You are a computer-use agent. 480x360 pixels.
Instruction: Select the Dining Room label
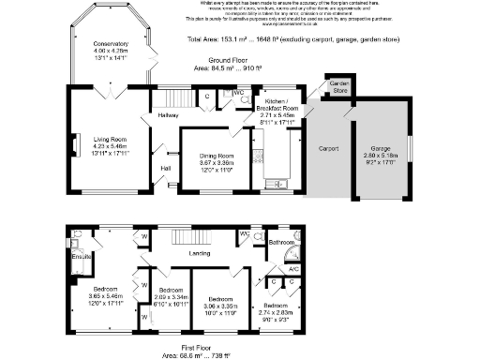(212, 157)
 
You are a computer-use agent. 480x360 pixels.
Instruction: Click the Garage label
(381, 148)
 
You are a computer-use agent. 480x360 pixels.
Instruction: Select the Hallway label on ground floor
(169, 115)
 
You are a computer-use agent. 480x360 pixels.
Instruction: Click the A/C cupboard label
(292, 269)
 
